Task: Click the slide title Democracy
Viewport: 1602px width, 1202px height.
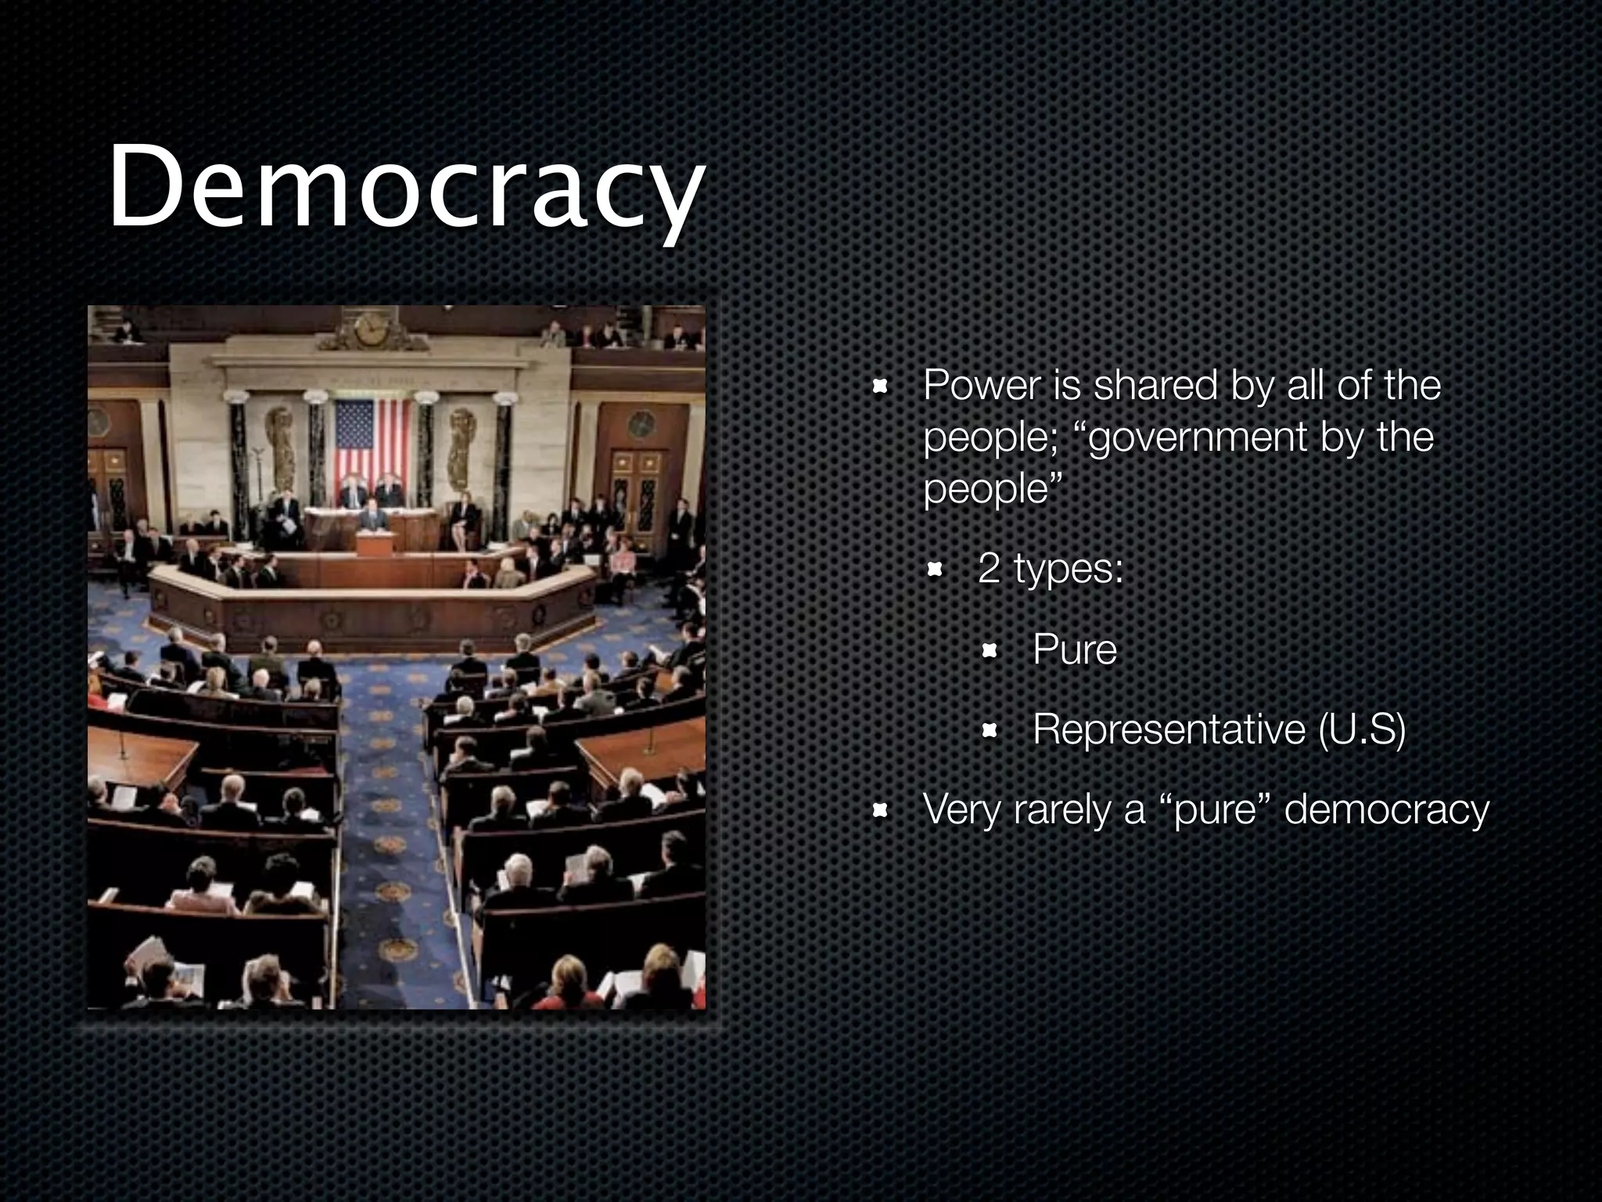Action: [x=405, y=188]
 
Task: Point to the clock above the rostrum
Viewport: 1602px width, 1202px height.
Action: [x=369, y=329]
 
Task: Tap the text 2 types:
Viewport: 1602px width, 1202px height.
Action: [x=1050, y=568]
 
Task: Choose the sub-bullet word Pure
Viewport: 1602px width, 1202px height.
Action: [x=1075, y=650]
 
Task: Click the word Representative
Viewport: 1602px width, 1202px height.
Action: [x=1169, y=729]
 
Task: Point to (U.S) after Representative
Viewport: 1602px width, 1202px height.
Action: [x=1362, y=729]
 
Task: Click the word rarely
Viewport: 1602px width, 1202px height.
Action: [x=1064, y=809]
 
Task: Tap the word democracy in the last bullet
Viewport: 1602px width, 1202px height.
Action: [x=1387, y=809]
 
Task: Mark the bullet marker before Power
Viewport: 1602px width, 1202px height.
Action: [x=880, y=386]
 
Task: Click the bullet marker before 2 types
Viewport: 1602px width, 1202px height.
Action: [x=934, y=569]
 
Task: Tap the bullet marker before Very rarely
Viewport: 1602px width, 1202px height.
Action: [x=880, y=811]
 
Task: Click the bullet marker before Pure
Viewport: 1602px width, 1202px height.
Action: [x=990, y=650]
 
